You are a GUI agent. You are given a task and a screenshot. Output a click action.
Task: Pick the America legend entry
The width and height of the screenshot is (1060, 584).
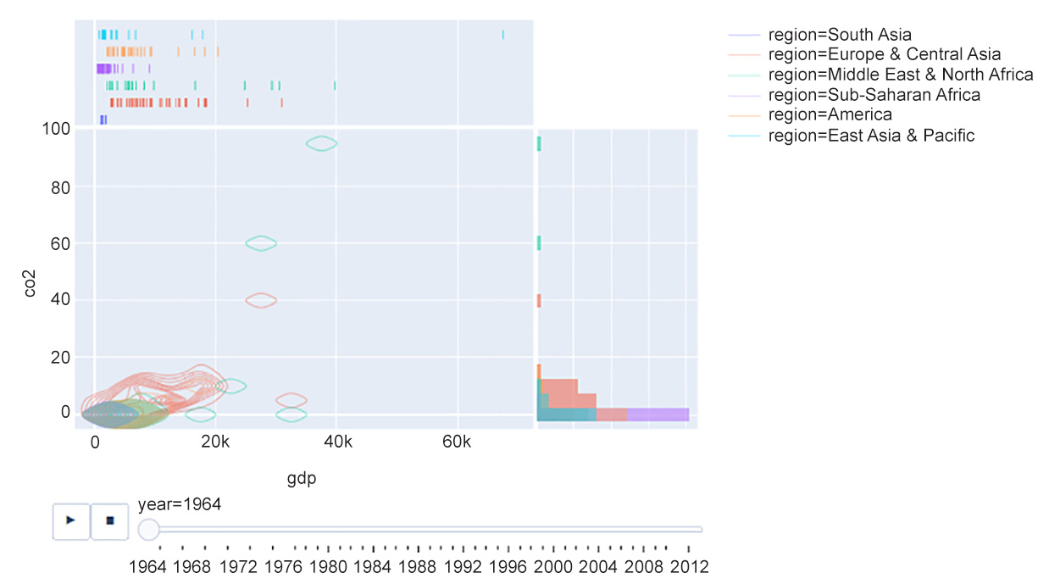coord(830,114)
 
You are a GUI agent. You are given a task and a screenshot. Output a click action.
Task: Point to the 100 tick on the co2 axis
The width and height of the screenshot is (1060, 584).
coord(55,129)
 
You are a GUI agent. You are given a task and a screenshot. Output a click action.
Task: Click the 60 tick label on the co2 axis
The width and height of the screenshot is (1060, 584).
coord(58,243)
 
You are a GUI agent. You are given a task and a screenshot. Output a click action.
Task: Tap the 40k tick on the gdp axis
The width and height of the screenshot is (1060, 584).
coord(336,442)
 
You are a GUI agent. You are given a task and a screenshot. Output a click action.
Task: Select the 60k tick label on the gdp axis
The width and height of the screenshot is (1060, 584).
coord(457,442)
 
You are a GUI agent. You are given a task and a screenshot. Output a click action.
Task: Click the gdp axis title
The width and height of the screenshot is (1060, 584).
coord(302,480)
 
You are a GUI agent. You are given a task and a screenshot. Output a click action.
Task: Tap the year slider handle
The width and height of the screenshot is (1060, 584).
coord(148,530)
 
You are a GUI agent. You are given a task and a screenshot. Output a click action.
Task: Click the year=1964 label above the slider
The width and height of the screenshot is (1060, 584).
coord(180,504)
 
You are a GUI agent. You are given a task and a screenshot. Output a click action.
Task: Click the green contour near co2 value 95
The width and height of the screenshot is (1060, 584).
coord(321,143)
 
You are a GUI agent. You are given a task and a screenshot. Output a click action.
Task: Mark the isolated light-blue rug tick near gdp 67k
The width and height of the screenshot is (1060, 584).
coord(502,35)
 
